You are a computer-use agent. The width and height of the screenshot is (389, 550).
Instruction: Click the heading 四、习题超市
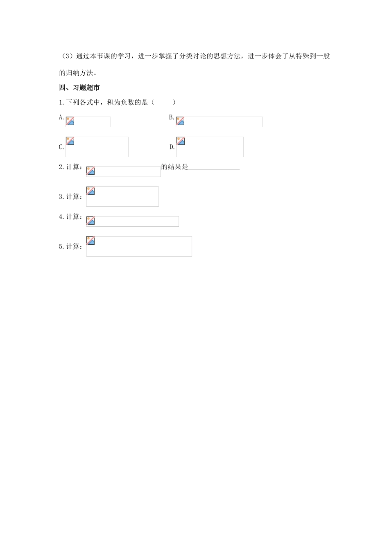coord(79,88)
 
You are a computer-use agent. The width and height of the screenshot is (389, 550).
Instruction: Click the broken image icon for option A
coord(70,121)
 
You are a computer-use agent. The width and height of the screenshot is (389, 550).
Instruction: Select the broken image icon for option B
coord(180,121)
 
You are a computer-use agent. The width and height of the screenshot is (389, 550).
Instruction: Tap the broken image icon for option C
coord(70,141)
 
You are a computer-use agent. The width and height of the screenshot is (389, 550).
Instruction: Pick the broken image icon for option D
coord(181,141)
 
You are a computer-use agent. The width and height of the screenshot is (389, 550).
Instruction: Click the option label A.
coord(61,117)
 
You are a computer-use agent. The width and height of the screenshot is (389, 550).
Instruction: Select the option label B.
coord(172,117)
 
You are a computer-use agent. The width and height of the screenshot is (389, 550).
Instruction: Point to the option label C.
coord(61,147)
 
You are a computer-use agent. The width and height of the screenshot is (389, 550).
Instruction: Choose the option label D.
coord(172,147)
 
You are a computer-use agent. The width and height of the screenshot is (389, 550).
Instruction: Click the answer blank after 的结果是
coord(214,167)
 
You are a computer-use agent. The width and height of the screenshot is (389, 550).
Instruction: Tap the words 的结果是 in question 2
coord(174,167)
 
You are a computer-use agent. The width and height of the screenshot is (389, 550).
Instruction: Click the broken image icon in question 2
coord(90,171)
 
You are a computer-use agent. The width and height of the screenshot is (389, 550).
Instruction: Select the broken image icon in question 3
coord(90,191)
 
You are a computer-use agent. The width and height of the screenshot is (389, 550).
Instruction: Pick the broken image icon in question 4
coord(90,221)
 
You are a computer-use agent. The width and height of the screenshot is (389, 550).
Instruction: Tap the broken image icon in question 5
coord(90,241)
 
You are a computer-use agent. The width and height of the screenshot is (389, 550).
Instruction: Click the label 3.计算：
coord(71,197)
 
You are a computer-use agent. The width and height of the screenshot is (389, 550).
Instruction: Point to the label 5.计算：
coord(71,246)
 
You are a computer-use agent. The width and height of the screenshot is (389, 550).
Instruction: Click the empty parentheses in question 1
coord(163,102)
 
